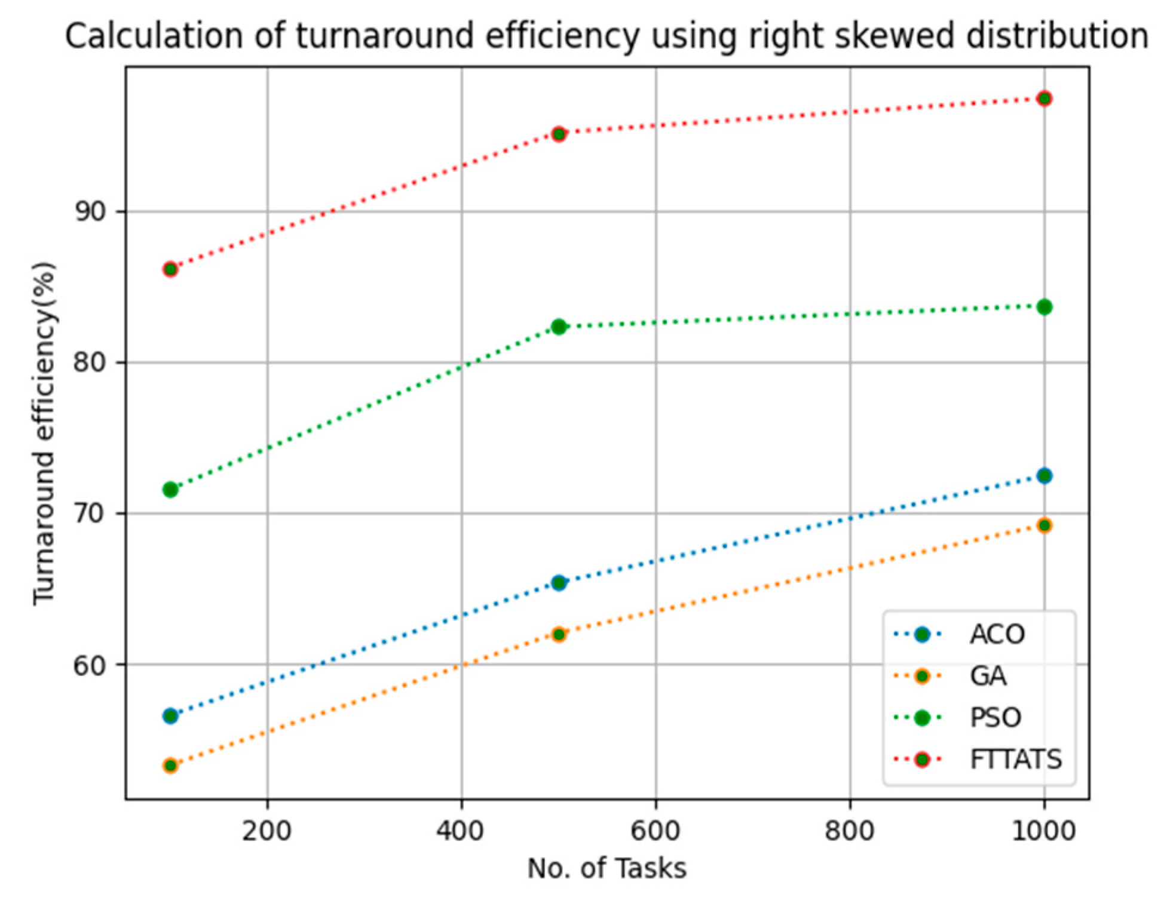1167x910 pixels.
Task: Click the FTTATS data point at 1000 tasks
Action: (1044, 99)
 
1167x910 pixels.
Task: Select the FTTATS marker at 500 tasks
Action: (559, 134)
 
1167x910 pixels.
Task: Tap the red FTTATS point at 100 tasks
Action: (170, 269)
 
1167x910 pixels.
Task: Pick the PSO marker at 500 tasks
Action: (559, 327)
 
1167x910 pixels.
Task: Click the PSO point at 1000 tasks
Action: (1044, 307)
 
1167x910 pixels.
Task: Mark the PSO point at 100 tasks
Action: (170, 490)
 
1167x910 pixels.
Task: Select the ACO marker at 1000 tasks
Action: (1044, 476)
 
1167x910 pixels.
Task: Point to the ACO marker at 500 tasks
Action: (559, 583)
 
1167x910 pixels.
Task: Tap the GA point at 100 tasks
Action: (170, 765)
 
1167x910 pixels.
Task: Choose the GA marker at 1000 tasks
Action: (1044, 525)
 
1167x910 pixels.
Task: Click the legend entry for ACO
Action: (997, 634)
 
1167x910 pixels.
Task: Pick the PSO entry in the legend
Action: (996, 717)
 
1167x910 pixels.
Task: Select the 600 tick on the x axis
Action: (656, 831)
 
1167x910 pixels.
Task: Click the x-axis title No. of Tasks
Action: (607, 868)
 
